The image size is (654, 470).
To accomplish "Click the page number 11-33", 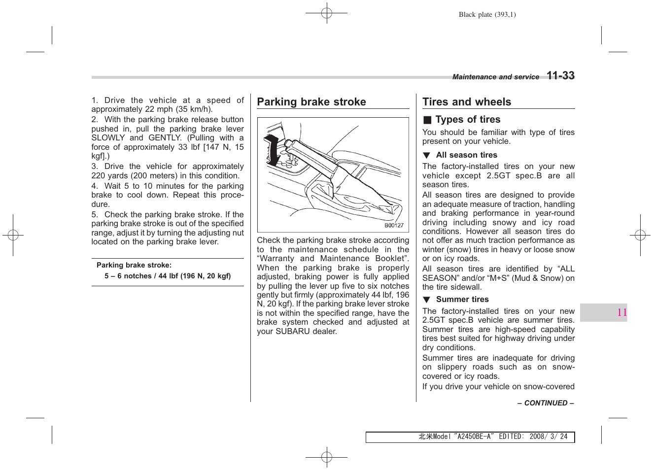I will pos(560,75).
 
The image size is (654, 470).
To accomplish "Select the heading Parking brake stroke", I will pos(311,102).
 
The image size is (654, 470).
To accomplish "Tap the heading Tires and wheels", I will pos(467,102).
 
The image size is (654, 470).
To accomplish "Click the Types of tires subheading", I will pos(468,120).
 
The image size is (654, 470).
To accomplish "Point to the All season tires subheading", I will pos(466,155).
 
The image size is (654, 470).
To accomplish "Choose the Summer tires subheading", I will pos(462,300).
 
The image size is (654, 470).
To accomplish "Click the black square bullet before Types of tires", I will pos(427,120).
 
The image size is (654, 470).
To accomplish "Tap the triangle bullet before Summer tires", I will pos(426,300).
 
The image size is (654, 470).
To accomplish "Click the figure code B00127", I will pos(394,226).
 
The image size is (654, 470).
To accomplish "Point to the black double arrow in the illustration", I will pos(272,150).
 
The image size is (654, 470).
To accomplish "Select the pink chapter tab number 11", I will pos(622,312).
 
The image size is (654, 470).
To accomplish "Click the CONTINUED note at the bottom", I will pos(546,403).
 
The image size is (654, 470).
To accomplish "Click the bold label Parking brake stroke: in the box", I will pos(134,265).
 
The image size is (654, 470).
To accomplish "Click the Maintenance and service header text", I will pos(496,77).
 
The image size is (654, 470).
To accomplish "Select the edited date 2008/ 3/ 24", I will pos(548,436).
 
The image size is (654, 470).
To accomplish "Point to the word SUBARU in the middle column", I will pos(294,332).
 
